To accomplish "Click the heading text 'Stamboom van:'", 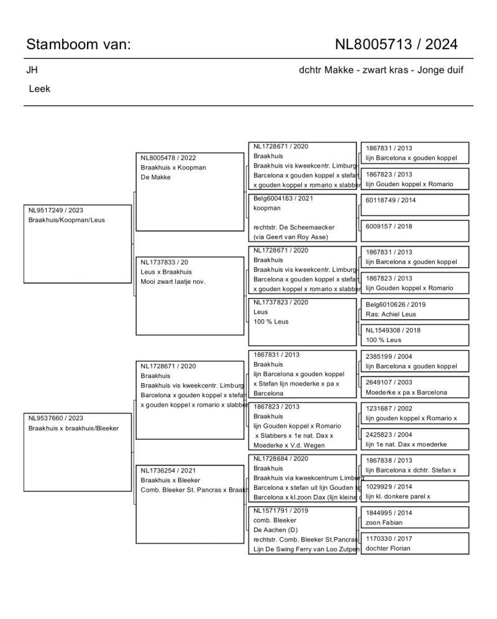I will tap(78, 44).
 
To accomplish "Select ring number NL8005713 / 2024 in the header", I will tap(396, 44).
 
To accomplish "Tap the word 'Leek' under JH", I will tap(40, 89).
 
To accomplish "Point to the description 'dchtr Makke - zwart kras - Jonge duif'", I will tap(381, 70).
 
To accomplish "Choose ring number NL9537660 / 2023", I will tap(56, 418).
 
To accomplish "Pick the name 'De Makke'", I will tap(156, 177).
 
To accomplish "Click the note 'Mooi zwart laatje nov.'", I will tap(173, 281).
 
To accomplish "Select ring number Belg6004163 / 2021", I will tap(283, 198).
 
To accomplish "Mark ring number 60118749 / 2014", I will tap(391, 200).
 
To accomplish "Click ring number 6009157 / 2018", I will tap(389, 226).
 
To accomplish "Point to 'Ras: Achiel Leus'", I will tap(391, 314).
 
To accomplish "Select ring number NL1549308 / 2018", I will tap(393, 330).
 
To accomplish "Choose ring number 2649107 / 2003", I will tap(389, 382).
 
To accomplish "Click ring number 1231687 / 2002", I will tap(389, 409).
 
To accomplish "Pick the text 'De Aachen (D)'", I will tap(276, 530).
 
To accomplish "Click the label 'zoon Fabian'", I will tap(384, 523).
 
